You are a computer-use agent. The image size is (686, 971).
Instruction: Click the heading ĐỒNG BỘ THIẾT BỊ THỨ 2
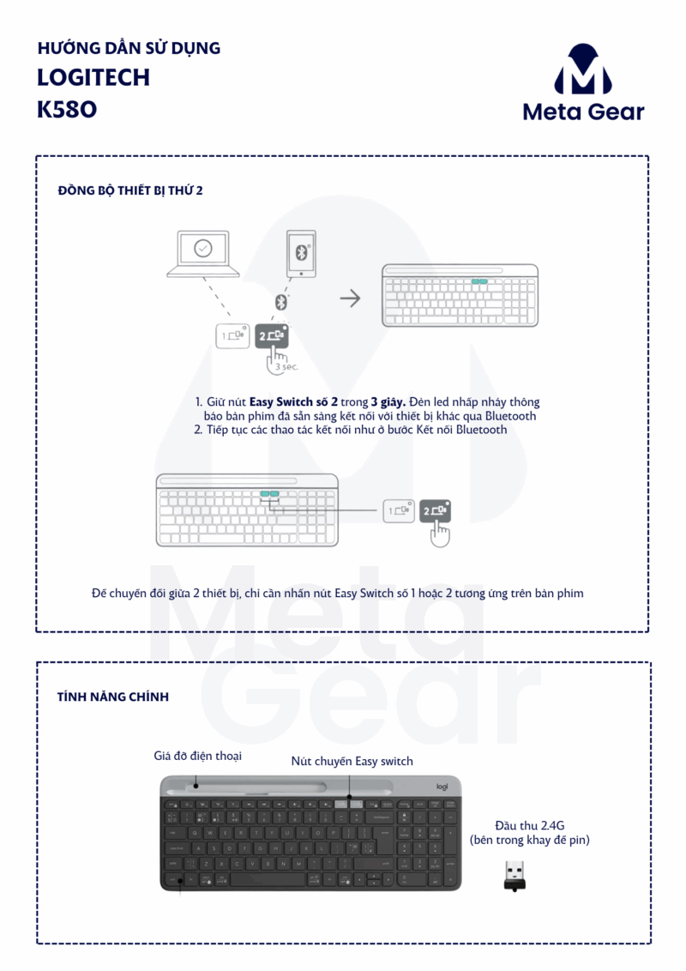[x=129, y=190]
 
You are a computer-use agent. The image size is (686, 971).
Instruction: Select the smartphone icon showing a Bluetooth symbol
[x=300, y=253]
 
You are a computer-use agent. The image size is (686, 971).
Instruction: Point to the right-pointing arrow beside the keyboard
[x=349, y=299]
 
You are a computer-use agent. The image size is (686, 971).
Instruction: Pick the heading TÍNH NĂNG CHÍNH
[x=112, y=697]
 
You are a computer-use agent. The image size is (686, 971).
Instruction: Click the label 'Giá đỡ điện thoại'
[x=197, y=755]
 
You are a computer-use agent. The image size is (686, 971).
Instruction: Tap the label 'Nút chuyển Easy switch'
[x=352, y=761]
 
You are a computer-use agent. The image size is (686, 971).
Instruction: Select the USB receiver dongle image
[x=514, y=874]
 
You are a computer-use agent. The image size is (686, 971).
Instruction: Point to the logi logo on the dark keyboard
[x=442, y=787]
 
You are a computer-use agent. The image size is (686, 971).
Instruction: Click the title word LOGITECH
[x=93, y=77]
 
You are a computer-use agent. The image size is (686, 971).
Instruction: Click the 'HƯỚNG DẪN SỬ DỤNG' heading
[x=129, y=48]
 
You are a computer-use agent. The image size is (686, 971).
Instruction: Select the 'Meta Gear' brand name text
[x=583, y=112]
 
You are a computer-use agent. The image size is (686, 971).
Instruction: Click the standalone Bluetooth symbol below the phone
[x=280, y=302]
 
